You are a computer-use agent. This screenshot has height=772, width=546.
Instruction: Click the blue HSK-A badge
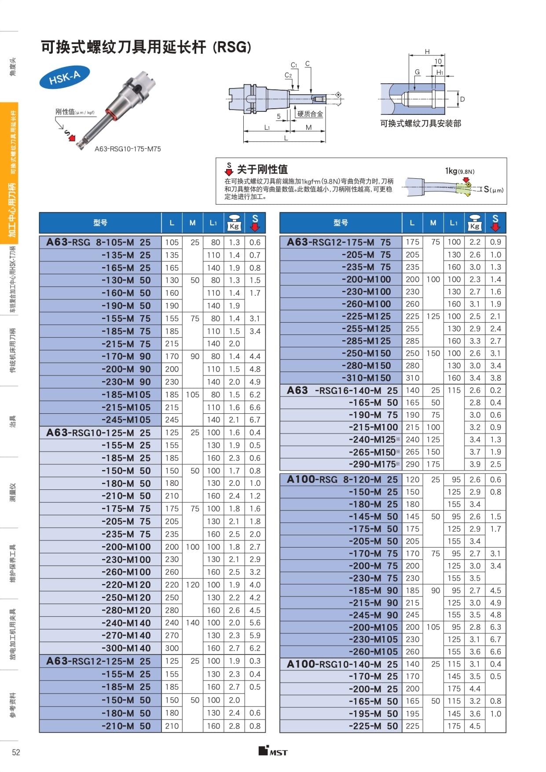point(64,78)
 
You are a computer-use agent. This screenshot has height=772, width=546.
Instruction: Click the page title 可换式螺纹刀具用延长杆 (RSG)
point(146,47)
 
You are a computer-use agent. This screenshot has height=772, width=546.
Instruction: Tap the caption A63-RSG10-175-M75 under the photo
point(128,149)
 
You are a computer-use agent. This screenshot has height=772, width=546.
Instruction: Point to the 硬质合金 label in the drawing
point(310,114)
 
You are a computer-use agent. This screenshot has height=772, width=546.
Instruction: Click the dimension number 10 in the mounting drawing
point(438,61)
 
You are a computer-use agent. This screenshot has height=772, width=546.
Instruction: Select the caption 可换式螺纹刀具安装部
point(420,124)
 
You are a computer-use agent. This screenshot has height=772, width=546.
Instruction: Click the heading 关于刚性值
point(262,169)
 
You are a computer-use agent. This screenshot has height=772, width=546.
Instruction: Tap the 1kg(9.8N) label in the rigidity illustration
point(459,171)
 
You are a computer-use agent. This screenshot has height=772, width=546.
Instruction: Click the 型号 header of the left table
point(100,223)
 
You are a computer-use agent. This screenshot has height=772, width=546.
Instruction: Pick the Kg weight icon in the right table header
point(474,223)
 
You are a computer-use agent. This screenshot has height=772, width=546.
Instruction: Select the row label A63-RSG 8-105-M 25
point(99,242)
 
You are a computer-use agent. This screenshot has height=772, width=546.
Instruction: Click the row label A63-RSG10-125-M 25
point(99,433)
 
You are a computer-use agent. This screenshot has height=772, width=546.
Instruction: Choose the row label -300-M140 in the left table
point(126,648)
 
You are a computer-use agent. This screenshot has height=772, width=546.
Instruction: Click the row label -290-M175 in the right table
point(373,464)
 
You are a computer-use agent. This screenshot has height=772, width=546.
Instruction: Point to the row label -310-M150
point(366,378)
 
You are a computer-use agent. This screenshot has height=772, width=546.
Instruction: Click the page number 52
point(16,752)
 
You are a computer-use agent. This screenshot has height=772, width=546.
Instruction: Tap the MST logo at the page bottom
point(273,751)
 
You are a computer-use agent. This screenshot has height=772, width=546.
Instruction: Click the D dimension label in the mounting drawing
point(462,99)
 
